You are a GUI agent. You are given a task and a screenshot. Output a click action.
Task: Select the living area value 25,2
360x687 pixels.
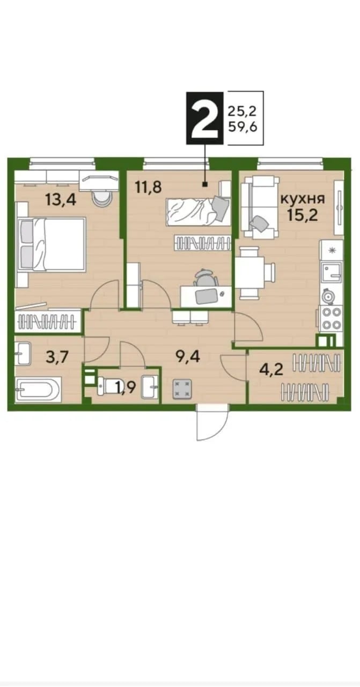point(242,111)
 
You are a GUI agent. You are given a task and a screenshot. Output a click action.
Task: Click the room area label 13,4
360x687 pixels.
point(61,201)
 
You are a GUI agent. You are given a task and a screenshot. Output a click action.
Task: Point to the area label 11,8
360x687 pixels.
point(149,186)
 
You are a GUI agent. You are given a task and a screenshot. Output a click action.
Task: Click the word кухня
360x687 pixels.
point(303,199)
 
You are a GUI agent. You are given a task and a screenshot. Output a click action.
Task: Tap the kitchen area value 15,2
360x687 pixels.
point(302,215)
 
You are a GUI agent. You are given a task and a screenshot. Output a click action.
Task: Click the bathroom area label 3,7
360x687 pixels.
point(56,357)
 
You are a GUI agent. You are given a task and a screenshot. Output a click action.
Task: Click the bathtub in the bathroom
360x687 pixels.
point(39,389)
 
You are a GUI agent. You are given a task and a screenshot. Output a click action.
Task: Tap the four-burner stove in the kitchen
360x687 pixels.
point(331,318)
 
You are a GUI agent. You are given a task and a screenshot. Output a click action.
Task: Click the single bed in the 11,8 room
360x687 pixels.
point(198,211)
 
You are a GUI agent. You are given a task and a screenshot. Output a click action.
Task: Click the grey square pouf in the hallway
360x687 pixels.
point(182,389)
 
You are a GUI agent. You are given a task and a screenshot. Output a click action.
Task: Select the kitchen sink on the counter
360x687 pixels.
point(331,274)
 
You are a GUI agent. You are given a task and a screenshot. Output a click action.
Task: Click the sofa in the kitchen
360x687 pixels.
point(260,208)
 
